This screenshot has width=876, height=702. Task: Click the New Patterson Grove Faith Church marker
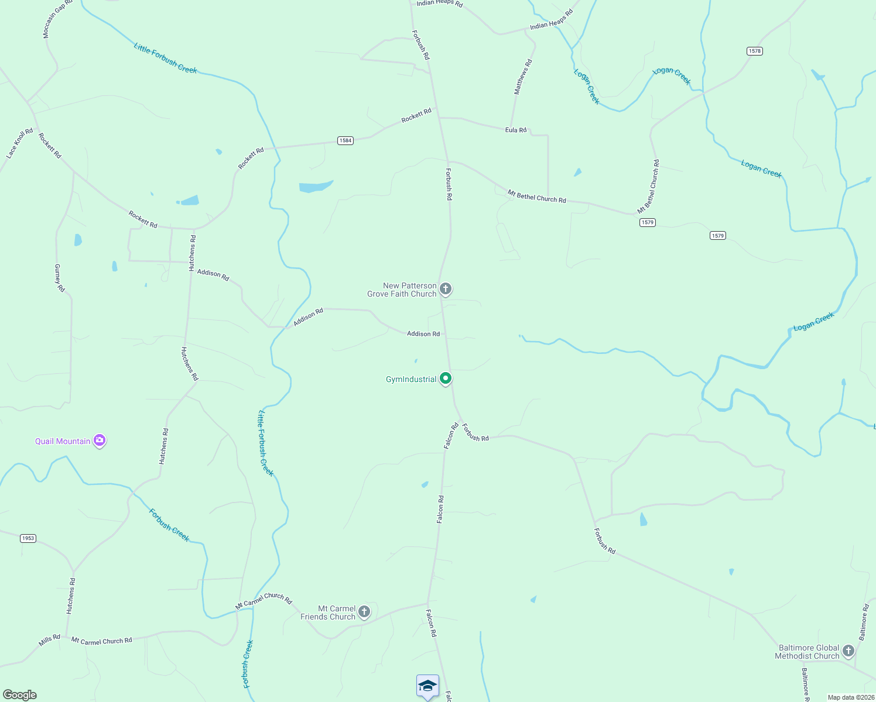tap(446, 288)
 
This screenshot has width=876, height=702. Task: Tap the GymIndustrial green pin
tap(446, 378)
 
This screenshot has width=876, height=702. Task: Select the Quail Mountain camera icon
tap(100, 440)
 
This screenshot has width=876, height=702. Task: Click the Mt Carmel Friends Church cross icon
tap(364, 612)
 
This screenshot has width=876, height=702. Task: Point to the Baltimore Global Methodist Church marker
tap(848, 651)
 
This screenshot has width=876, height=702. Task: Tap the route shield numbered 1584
tap(345, 140)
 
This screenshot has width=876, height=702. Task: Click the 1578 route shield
tap(755, 51)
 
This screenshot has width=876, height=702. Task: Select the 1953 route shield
tap(28, 538)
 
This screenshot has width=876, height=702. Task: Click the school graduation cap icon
tap(427, 685)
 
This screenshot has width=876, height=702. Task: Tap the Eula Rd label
tap(516, 130)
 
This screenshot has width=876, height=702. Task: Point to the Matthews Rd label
tap(523, 77)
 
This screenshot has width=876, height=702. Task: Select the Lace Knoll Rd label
tap(19, 143)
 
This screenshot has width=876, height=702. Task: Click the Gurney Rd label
tap(60, 278)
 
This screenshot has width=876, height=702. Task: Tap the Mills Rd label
tap(50, 641)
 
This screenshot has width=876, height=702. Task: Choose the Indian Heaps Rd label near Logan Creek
tap(551, 19)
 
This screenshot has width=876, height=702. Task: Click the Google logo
tap(20, 695)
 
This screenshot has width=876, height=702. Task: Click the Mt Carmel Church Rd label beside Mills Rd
tap(102, 641)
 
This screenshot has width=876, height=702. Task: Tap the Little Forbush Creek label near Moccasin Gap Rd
tap(165, 58)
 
